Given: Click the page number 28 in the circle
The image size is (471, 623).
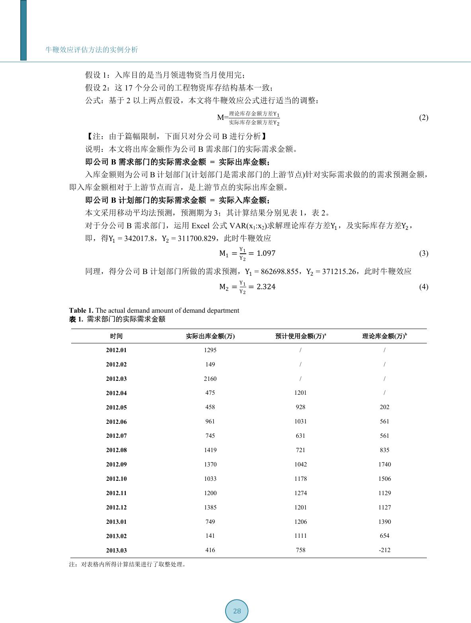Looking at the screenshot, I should tap(237, 611).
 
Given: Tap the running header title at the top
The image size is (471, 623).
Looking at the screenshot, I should tap(92, 50).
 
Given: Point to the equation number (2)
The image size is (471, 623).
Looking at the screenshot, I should tap(424, 118).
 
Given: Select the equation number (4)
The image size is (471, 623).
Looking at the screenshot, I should tap(424, 287).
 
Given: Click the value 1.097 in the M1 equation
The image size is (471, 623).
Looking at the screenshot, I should tap(266, 253).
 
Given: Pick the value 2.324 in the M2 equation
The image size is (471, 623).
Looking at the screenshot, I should tap(266, 287).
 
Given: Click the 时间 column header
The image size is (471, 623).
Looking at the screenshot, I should tap(116, 336).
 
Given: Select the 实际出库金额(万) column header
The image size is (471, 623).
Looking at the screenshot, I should tap(210, 336).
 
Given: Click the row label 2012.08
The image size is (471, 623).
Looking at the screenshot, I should tap(116, 450).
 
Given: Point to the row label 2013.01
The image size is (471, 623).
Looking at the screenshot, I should tap(116, 522).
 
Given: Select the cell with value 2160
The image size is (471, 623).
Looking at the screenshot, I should tap(210, 378).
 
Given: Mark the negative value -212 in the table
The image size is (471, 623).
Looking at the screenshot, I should tap(385, 550).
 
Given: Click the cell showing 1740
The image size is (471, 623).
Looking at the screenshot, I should tap(385, 464).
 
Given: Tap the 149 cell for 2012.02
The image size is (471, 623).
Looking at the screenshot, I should tap(210, 364).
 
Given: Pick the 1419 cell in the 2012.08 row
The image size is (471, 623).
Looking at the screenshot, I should tap(210, 450).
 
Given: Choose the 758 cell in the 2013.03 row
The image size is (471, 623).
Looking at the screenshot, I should tap(301, 550).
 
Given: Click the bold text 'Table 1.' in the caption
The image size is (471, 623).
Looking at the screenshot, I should tap(81, 310).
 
